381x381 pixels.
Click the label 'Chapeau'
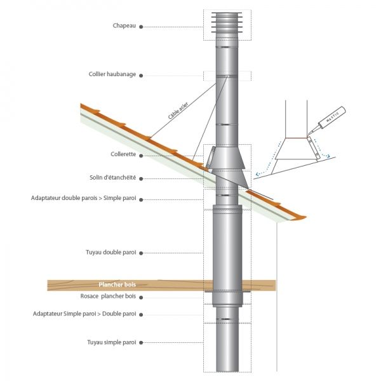tap(124, 27)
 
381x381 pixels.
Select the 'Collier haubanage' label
tap(112, 74)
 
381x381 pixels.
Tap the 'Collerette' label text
tap(123, 154)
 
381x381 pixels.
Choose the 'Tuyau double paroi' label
tap(112, 252)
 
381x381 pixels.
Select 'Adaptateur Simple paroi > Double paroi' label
tap(84, 314)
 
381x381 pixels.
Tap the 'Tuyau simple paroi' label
tap(112, 342)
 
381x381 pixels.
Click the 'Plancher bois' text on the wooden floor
tap(117, 285)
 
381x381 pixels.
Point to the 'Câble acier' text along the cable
tap(178, 114)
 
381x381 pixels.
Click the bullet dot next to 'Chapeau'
tap(141, 27)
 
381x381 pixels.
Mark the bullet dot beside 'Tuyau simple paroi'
tap(141, 342)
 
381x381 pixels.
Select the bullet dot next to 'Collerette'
tap(141, 154)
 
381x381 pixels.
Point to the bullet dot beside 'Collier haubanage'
tap(141, 74)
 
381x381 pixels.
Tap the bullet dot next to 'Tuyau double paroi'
tap(141, 252)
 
